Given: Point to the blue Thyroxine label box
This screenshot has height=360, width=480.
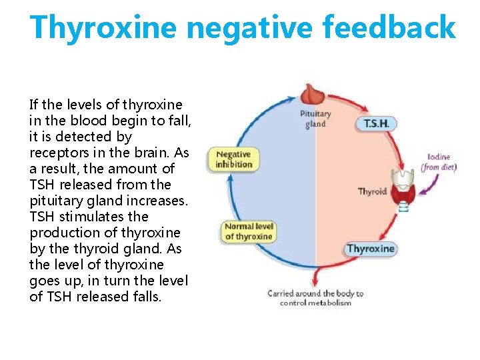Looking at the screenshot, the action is click(x=371, y=249).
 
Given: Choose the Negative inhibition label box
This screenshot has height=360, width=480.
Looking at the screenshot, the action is click(x=234, y=159).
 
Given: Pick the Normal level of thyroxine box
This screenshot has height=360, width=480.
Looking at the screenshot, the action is click(x=249, y=231).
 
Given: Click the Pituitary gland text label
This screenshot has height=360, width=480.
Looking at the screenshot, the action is click(x=315, y=119).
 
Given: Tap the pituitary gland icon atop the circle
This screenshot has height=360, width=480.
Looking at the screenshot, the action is click(x=311, y=94).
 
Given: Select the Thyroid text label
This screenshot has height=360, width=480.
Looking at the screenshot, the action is click(x=372, y=192).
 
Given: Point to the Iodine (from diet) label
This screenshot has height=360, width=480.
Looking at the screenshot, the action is click(x=439, y=162).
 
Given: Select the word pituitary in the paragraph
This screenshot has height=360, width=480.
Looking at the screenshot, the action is click(x=55, y=201).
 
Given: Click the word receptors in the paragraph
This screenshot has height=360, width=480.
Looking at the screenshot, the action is click(x=59, y=153).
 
